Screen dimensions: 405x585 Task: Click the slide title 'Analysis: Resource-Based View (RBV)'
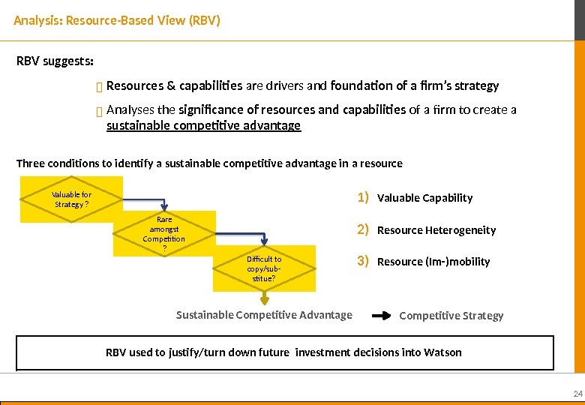[117, 20]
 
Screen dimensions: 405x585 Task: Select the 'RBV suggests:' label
[55, 61]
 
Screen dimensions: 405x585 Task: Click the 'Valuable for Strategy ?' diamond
[71, 199]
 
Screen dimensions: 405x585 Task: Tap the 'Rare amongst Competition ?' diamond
[164, 234]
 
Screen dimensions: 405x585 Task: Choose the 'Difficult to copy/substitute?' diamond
[264, 269]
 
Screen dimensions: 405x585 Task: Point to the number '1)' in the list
[363, 198]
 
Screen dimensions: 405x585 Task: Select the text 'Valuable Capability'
[424, 199]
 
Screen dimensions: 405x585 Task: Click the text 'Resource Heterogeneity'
[436, 230]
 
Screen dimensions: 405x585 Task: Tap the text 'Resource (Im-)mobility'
[433, 262]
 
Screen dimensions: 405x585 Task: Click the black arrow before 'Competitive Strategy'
[382, 316]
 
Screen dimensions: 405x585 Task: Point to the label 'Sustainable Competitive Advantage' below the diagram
[264, 315]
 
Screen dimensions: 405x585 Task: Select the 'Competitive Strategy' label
[451, 316]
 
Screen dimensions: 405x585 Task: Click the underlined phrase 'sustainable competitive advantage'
[203, 126]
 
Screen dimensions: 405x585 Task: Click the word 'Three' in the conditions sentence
[30, 163]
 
